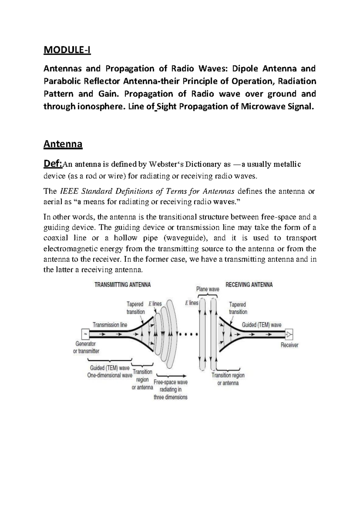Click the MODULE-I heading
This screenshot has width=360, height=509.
(x=67, y=50)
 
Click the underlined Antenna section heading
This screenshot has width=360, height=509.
(x=63, y=144)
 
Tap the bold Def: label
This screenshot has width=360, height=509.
(x=52, y=164)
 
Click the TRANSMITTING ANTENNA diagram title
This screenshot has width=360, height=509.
(x=123, y=285)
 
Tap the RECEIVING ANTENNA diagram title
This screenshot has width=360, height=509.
(x=249, y=285)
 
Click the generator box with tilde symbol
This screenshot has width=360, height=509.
(x=85, y=334)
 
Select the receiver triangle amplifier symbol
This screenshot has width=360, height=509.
(x=289, y=334)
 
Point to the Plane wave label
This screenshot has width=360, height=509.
(x=208, y=289)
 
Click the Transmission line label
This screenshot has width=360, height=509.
(x=110, y=325)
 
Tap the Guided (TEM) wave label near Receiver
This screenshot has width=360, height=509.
(x=262, y=325)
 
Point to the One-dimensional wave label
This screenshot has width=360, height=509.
(x=109, y=375)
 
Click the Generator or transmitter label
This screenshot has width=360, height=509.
(x=86, y=347)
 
